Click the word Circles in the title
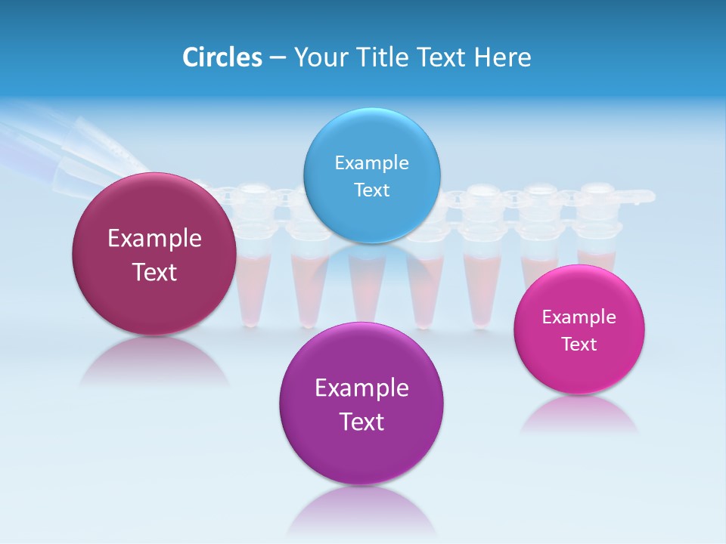pyautogui.click(x=222, y=57)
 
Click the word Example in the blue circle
pyautogui.click(x=371, y=163)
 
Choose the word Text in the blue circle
pyautogui.click(x=371, y=190)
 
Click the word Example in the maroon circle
pyautogui.click(x=154, y=239)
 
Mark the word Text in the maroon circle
pyautogui.click(x=154, y=272)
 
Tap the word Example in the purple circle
pyautogui.click(x=361, y=388)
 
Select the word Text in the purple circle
pyautogui.click(x=361, y=422)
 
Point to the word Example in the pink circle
pyautogui.click(x=579, y=317)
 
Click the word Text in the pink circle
pyautogui.click(x=579, y=345)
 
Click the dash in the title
pyautogui.click(x=278, y=57)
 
